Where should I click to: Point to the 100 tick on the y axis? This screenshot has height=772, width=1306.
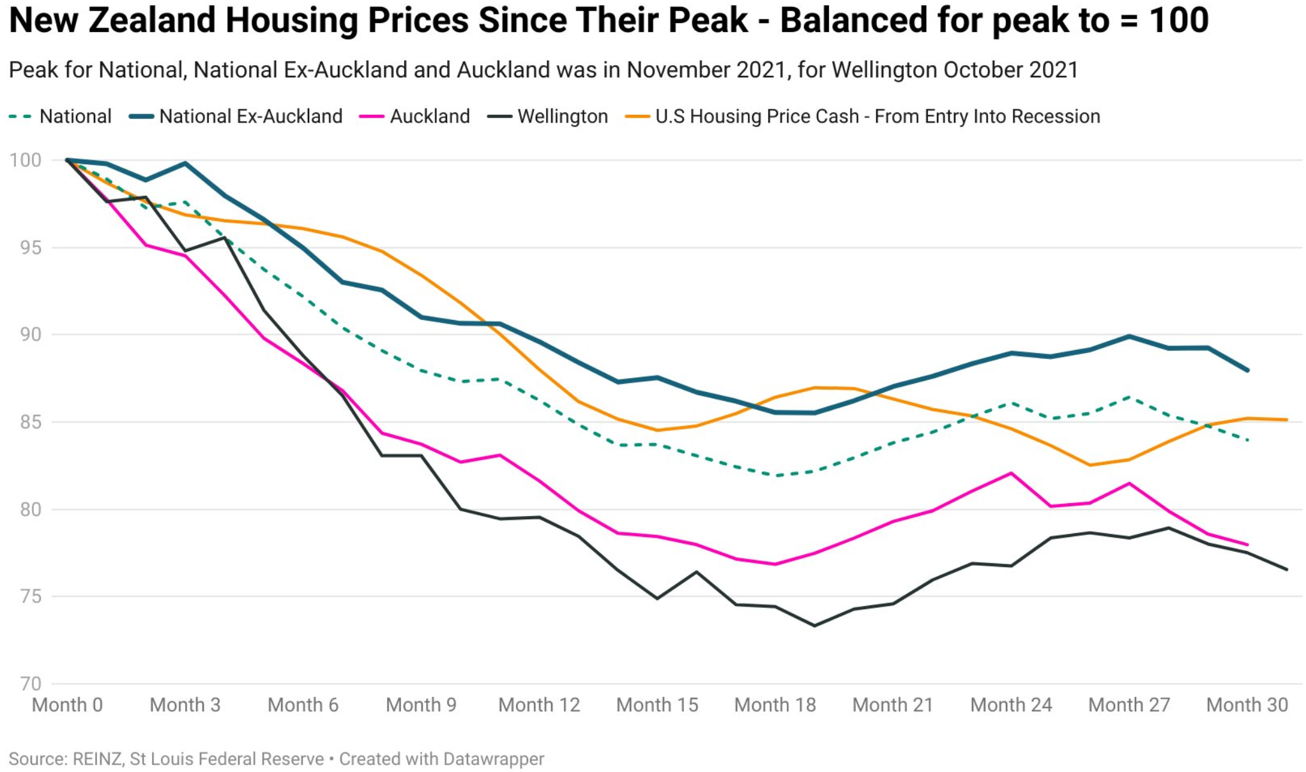[26, 160]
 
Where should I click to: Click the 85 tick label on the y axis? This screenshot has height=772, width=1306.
[31, 422]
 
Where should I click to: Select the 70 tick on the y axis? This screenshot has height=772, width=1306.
[31, 684]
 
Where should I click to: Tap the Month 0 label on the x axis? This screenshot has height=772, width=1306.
[67, 705]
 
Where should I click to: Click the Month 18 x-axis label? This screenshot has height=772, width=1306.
[775, 705]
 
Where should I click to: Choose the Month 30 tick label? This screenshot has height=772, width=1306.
[1247, 705]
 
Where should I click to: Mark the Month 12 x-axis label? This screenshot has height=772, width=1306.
[539, 705]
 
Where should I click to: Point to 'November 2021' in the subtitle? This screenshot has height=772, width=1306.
[706, 70]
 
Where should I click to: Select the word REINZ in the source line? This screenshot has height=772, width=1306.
[97, 759]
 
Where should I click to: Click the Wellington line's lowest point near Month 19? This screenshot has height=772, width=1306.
[814, 625]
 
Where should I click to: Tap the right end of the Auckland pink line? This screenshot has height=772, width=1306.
[1247, 545]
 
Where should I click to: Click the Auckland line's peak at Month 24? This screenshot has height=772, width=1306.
[1012, 473]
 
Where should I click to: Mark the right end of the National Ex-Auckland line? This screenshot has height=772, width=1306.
[1247, 370]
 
